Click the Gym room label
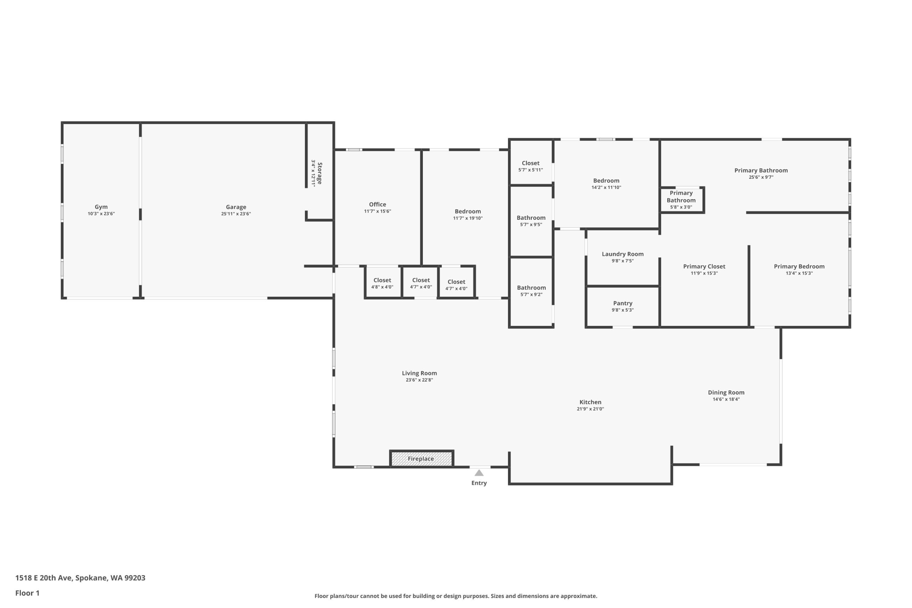pyautogui.click(x=101, y=207)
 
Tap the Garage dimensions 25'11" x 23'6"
pyautogui.click(x=236, y=214)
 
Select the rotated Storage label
pyautogui.click(x=320, y=173)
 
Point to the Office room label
pyautogui.click(x=378, y=204)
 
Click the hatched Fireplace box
pyautogui.click(x=421, y=459)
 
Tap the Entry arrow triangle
pyautogui.click(x=479, y=473)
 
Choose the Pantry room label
pyautogui.click(x=623, y=303)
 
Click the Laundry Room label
pyautogui.click(x=623, y=254)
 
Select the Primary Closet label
pyautogui.click(x=704, y=266)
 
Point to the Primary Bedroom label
pyautogui.click(x=799, y=266)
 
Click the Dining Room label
pyautogui.click(x=726, y=393)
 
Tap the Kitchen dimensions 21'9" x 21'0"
pyautogui.click(x=591, y=409)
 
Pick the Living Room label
pyautogui.click(x=420, y=373)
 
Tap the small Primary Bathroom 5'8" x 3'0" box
pyautogui.click(x=683, y=200)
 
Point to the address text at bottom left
pyautogui.click(x=80, y=578)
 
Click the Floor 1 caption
pyautogui.click(x=27, y=593)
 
